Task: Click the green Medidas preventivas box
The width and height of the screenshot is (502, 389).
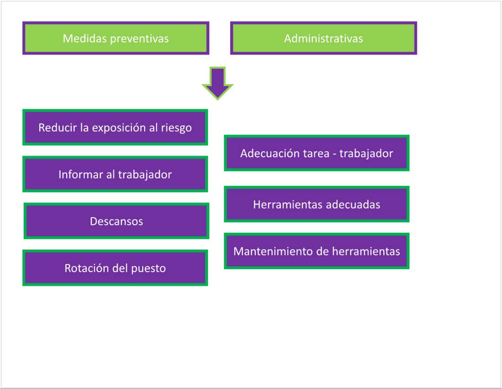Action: click(x=115, y=38)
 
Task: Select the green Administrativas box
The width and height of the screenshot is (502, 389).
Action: click(x=323, y=38)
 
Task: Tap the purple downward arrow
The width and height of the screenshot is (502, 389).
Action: click(x=217, y=81)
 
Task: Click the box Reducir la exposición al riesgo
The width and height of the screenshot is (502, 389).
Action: click(x=115, y=127)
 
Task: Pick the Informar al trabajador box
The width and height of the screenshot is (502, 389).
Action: click(x=115, y=174)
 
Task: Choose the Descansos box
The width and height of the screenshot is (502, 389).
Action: click(x=116, y=221)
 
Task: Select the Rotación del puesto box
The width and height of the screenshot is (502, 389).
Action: click(x=115, y=267)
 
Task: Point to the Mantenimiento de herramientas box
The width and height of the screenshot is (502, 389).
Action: click(x=316, y=250)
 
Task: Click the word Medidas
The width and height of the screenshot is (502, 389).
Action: click(x=79, y=38)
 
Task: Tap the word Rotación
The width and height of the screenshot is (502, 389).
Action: click(x=84, y=268)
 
